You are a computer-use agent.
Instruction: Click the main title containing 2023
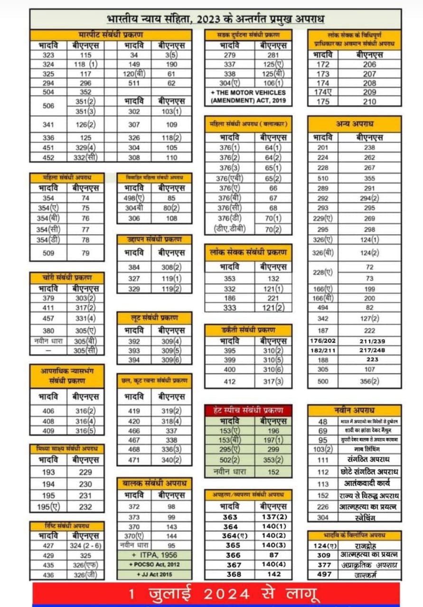[215, 19]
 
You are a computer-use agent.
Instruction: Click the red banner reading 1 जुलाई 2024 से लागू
[216, 594]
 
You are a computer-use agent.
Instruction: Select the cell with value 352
[85, 92]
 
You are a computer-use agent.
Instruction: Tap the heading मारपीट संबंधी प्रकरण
[111, 35]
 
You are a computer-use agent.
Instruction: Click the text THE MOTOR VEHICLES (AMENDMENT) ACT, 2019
[248, 97]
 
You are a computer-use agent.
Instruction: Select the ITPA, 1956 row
[154, 555]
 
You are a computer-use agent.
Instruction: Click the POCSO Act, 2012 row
[154, 564]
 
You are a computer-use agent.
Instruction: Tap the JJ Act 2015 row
[154, 574]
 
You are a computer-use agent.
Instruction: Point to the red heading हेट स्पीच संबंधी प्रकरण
[248, 410]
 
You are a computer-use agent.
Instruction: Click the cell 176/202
[323, 340]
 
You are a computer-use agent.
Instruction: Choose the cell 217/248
[370, 350]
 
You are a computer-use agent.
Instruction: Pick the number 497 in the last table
[323, 574]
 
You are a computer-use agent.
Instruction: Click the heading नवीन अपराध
[354, 410]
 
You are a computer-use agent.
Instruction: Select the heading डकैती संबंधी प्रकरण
[248, 330]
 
